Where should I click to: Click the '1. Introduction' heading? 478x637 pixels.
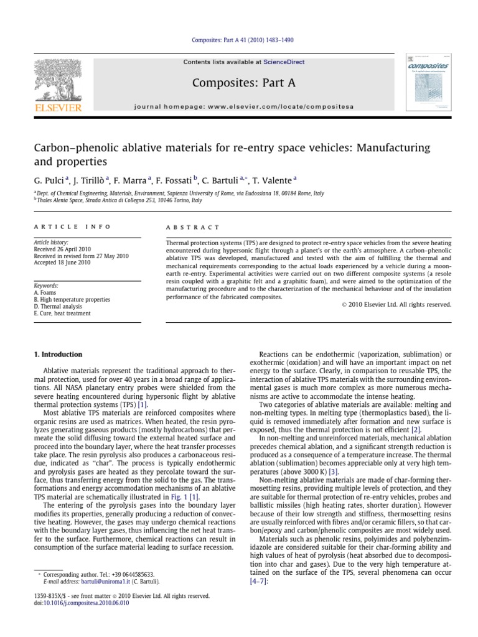click(x=57, y=355)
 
